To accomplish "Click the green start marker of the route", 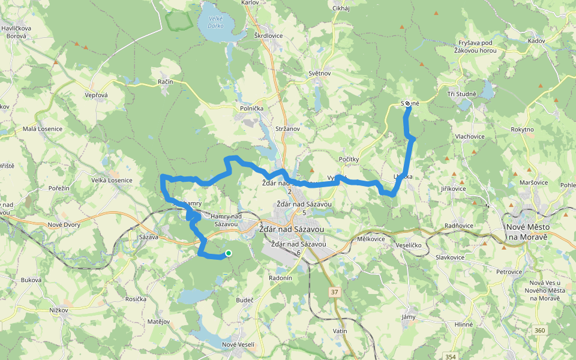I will pos(229,253).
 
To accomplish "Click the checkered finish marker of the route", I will pos(407,103).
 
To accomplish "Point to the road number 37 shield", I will pos(334,292).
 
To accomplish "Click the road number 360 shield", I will pos(539,330).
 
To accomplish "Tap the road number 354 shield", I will pos(451,356).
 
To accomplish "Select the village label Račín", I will pos(166,82).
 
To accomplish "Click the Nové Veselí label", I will pos(238,344).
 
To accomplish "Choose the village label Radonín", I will pos(280,278).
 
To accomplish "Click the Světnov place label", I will pos(320,73).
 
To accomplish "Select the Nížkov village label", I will pos(58,310).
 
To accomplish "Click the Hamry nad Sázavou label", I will pos(226,220).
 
